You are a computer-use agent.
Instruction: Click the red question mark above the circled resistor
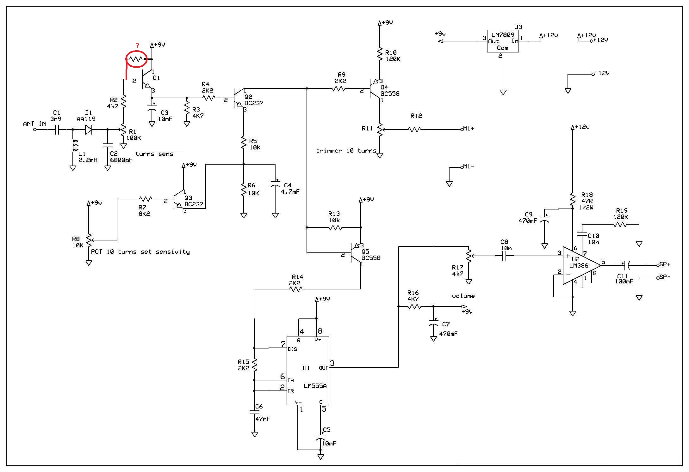[x=137, y=45]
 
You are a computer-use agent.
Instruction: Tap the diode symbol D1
[x=88, y=130]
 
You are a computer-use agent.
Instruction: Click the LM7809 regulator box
[x=503, y=41]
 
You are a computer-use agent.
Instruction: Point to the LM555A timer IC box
[x=308, y=370]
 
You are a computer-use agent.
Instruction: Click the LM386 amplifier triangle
[x=581, y=265]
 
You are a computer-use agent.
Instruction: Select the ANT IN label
[x=34, y=124]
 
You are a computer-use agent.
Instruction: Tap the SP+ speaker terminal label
[x=665, y=264]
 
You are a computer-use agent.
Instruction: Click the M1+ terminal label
[x=469, y=129]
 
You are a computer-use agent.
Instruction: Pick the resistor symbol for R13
[x=335, y=227]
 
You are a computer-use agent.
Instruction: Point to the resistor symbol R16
[x=414, y=306]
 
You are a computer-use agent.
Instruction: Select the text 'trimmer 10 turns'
[x=346, y=151]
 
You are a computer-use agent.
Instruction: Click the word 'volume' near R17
[x=463, y=296]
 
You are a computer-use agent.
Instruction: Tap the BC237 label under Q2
[x=254, y=103]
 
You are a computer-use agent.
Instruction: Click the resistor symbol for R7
[x=146, y=199]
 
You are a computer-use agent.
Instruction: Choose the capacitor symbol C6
[x=255, y=412]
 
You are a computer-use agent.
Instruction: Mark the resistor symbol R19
[x=620, y=224]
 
